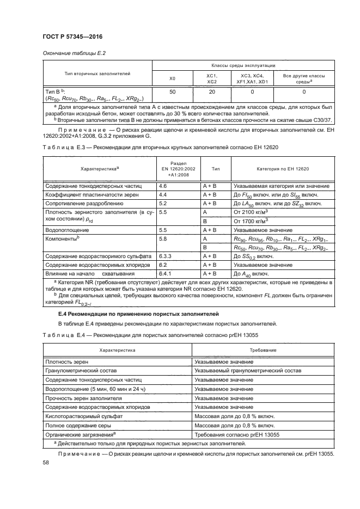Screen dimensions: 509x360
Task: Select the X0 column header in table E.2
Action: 173,79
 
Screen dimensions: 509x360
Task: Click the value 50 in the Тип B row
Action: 173,93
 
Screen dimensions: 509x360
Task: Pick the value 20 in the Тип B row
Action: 212,93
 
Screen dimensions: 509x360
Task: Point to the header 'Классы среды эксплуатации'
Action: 243,65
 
